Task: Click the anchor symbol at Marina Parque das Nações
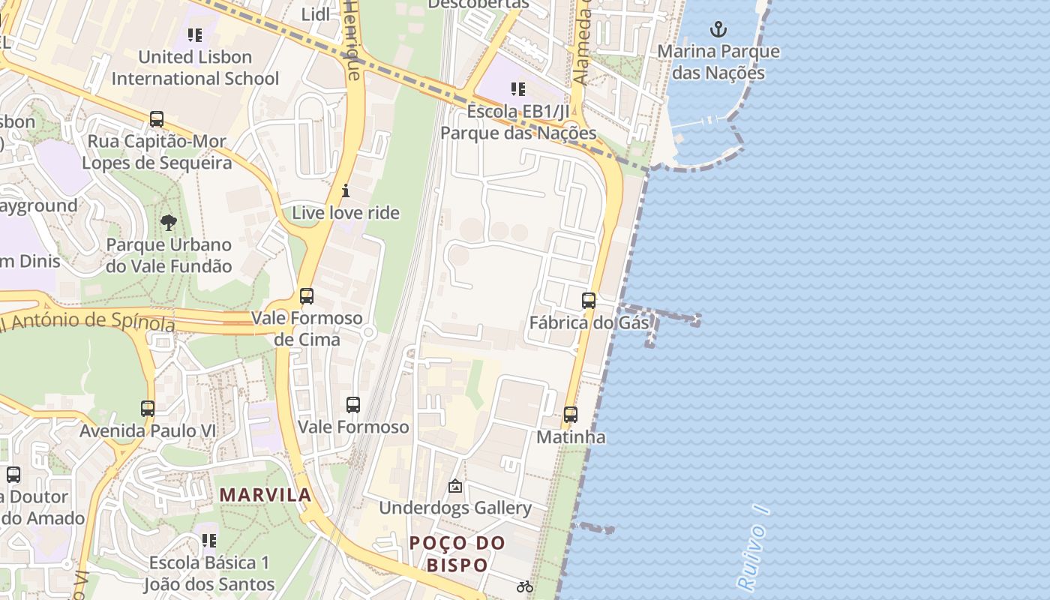(x=718, y=29)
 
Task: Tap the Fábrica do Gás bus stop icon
(x=589, y=301)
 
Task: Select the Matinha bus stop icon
(x=571, y=414)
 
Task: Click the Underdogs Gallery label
(x=455, y=508)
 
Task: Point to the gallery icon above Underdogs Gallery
(x=455, y=486)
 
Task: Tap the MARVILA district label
(x=265, y=495)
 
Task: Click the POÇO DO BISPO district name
(x=457, y=553)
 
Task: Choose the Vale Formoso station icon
(x=353, y=405)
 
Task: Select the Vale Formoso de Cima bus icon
(x=307, y=295)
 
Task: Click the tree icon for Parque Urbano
(x=169, y=222)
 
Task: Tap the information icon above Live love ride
(x=346, y=190)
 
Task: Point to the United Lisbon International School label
(x=195, y=67)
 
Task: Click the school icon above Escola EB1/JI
(x=517, y=89)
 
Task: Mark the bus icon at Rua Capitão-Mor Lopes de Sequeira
(x=157, y=118)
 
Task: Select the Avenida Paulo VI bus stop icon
(x=148, y=409)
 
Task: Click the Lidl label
(x=315, y=14)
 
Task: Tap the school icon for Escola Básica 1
(x=209, y=540)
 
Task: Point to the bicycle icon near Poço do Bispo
(x=525, y=586)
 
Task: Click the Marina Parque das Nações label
(x=718, y=62)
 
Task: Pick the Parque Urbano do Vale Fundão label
(x=169, y=255)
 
